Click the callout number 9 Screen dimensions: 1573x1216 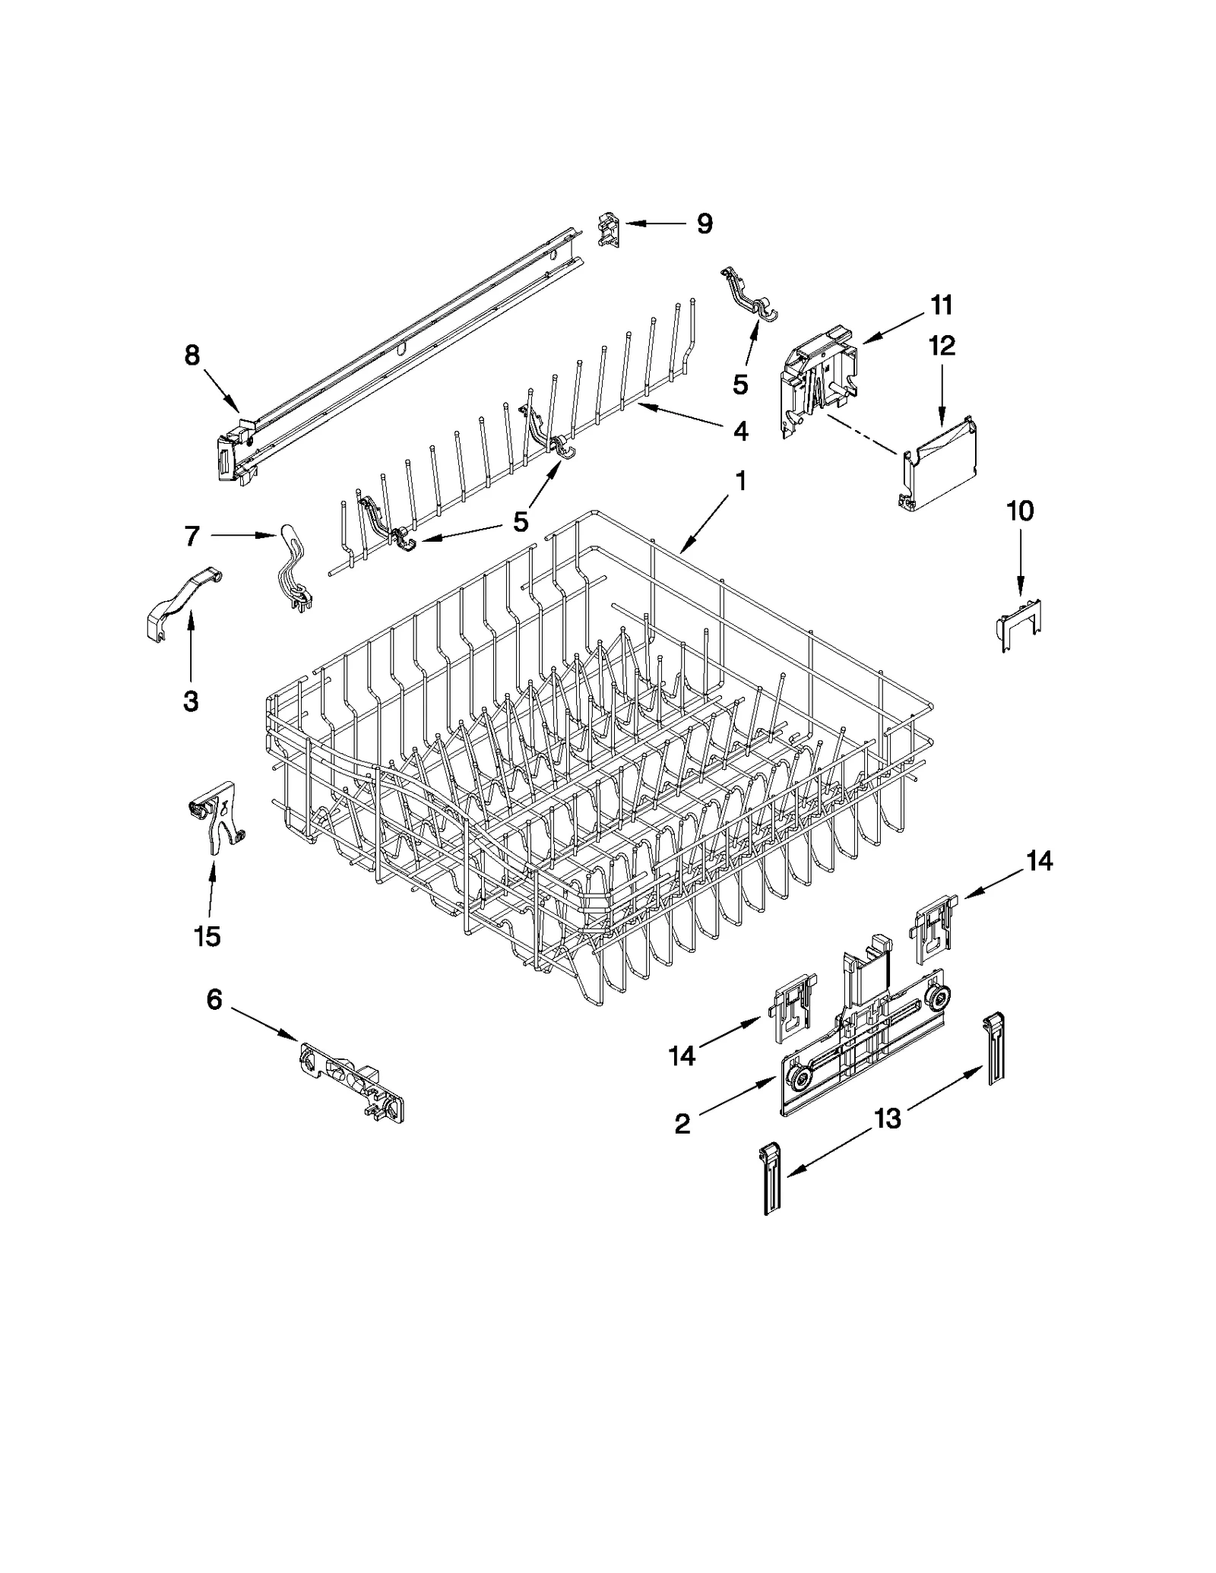point(705,223)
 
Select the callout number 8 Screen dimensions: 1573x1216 point(192,354)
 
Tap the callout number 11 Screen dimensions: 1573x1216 point(941,305)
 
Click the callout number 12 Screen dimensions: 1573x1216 point(942,346)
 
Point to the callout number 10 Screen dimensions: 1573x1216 point(1020,511)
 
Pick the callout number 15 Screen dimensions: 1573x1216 point(207,936)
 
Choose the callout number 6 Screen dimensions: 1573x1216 point(214,999)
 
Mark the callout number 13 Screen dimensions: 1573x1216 point(888,1118)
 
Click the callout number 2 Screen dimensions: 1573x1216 point(682,1124)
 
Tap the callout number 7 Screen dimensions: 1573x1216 point(192,536)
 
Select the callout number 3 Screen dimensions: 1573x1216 point(191,701)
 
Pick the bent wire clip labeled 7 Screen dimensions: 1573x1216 point(293,570)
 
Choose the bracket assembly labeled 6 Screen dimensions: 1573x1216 point(351,1079)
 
